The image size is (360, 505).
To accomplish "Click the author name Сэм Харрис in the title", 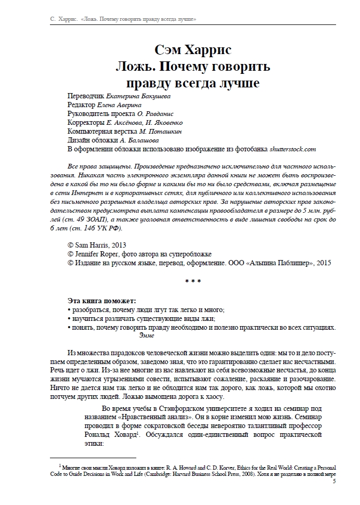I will (x=192, y=50).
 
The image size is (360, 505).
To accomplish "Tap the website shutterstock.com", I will (x=293, y=149).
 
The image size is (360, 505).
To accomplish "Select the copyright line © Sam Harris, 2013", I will (x=97, y=245).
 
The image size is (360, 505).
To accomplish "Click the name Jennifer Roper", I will (x=99, y=254).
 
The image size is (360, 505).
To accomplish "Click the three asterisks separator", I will (x=192, y=282).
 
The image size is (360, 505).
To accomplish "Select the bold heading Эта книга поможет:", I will (x=101, y=301).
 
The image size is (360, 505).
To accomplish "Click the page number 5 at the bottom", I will (x=334, y=482).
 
